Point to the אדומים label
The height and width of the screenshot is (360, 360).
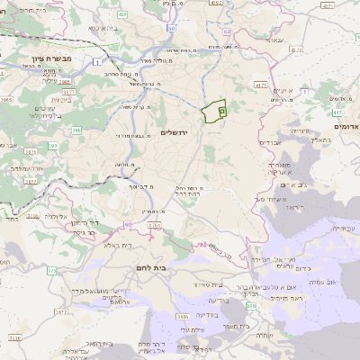point(345,126)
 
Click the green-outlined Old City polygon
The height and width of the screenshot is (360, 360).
point(213,112)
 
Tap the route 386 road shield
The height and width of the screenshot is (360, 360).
point(76,131)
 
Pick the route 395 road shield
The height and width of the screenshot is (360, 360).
point(53,145)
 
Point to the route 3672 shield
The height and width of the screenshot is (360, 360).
point(61,312)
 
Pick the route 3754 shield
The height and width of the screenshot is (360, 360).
point(154,225)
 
